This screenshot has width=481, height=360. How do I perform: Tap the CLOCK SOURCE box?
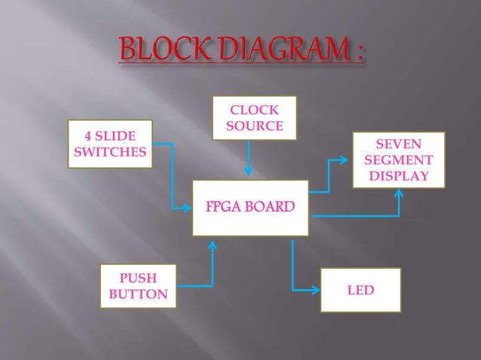coord(255,117)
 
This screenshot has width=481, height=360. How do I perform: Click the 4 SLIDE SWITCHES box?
coord(110,143)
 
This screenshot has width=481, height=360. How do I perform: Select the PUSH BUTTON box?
coord(139,286)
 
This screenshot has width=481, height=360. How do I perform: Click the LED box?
coord(360,289)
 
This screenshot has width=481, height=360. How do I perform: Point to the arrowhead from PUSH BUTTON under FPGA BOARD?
coord(213,246)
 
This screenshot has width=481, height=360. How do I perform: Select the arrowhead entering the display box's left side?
coord(346,160)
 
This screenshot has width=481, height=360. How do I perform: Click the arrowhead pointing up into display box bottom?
coord(399,193)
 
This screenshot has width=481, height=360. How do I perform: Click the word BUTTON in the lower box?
coord(139,294)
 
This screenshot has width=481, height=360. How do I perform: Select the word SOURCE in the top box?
coord(255,125)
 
